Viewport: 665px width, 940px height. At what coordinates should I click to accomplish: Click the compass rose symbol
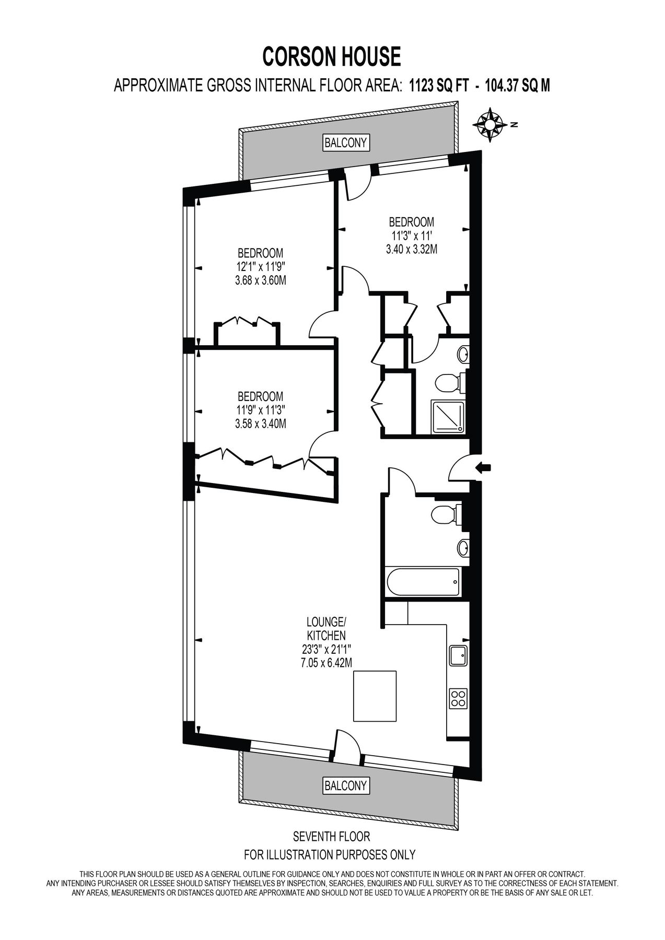(490, 125)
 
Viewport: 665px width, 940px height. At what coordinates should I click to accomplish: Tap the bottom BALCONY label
(345, 785)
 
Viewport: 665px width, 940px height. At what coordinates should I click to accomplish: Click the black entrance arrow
(483, 468)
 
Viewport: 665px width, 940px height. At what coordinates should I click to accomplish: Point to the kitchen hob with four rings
(458, 699)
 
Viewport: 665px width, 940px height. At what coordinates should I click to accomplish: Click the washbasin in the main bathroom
(462, 548)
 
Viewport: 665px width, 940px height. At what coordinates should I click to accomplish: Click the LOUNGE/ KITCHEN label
(326, 629)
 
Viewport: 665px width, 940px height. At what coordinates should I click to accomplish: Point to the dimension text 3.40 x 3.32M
(411, 250)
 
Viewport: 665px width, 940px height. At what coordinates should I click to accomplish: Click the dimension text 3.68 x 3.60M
(261, 280)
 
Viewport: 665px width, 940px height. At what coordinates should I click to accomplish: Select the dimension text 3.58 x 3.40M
(261, 424)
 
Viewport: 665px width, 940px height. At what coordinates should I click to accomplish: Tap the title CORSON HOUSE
(332, 56)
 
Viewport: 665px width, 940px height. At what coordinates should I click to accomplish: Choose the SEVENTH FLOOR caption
(331, 837)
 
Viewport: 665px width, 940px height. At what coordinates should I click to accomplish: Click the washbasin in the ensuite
(463, 355)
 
